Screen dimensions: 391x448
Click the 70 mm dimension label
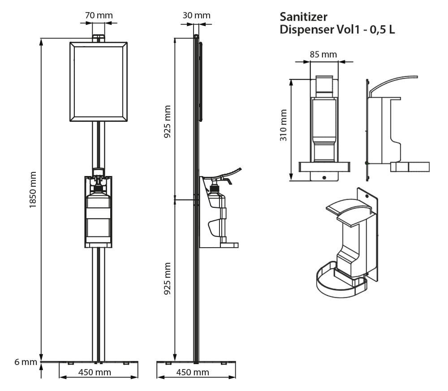click(x=99, y=15)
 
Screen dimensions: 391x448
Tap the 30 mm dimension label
click(x=196, y=15)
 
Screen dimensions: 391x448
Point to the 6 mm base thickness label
click(x=25, y=362)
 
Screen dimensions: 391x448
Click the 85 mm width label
click(x=323, y=54)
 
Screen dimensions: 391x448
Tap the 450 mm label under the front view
click(x=95, y=372)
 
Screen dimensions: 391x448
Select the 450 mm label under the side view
click(x=193, y=372)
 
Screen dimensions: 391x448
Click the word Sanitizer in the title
click(x=303, y=17)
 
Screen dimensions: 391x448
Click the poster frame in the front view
click(x=99, y=82)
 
